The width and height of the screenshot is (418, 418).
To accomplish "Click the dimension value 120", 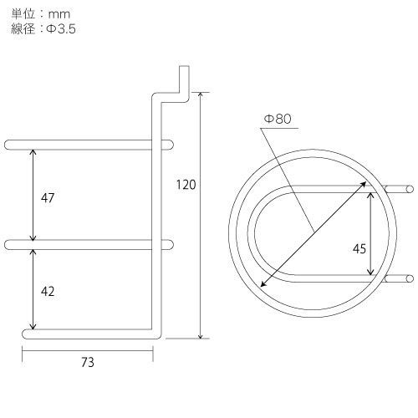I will point(186,186).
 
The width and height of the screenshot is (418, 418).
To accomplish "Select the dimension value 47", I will point(48,198).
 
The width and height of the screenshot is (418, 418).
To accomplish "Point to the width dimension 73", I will point(88,362).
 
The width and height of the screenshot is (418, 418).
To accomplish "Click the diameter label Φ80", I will point(277,120).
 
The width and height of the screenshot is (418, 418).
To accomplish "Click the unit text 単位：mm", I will point(38,12).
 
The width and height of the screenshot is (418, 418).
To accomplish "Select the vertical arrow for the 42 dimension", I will point(33,288).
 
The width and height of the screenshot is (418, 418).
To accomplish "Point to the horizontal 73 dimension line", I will point(88,351).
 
